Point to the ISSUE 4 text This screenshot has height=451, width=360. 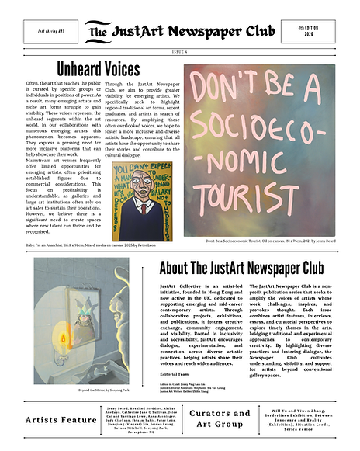click(x=179, y=52)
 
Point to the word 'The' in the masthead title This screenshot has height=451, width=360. click(x=99, y=33)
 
